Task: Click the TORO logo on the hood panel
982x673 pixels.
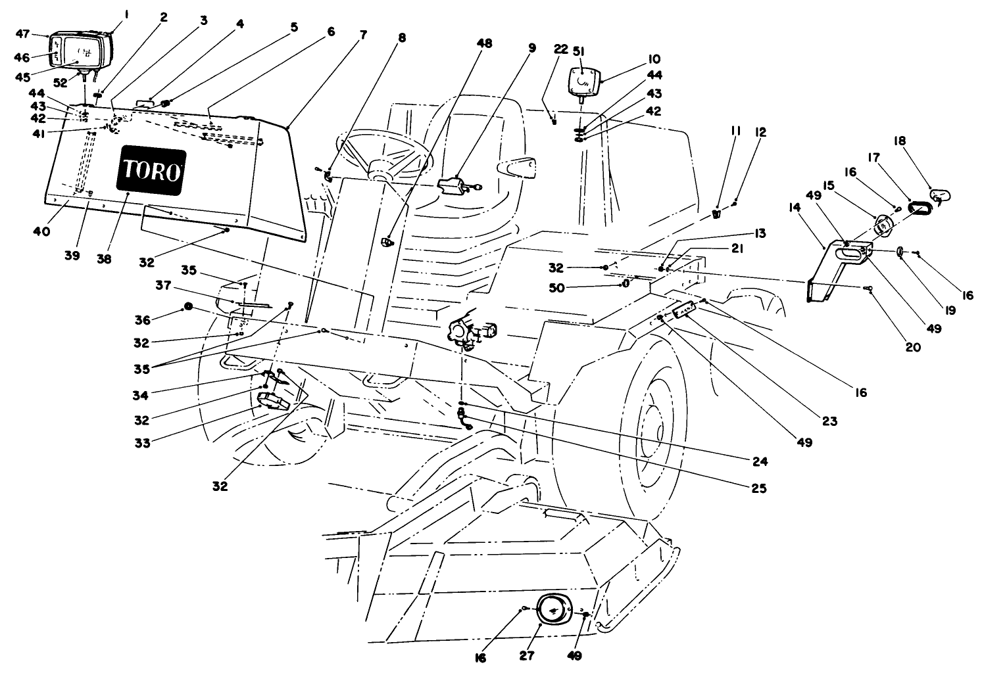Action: (x=151, y=172)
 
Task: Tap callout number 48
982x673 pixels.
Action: (x=483, y=43)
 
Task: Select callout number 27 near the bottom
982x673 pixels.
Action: (x=527, y=655)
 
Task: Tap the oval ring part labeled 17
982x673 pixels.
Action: (x=919, y=208)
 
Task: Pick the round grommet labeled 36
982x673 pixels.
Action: (x=188, y=307)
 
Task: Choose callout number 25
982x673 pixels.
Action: (x=760, y=488)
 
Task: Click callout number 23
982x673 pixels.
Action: (x=829, y=421)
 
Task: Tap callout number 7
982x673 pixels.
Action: (x=363, y=35)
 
